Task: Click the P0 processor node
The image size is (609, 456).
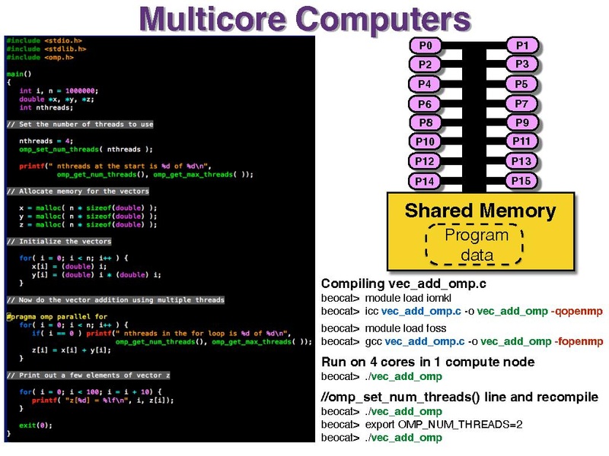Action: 426,46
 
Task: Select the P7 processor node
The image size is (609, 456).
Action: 521,103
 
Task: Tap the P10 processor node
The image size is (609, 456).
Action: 426,141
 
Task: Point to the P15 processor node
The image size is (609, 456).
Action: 521,181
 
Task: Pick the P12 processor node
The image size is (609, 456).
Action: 426,161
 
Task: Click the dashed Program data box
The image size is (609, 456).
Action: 474,245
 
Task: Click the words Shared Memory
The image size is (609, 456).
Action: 480,211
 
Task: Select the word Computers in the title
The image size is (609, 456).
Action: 384,21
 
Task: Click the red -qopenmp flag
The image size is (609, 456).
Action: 577,312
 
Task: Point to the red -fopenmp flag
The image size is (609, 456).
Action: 579,341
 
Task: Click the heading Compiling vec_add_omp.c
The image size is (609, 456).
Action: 403,283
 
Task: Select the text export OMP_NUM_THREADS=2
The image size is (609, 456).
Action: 444,425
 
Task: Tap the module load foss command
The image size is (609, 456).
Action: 406,328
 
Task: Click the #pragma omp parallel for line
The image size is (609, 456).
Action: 57,317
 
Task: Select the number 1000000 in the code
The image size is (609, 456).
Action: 80,90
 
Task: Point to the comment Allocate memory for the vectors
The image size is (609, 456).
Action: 78,192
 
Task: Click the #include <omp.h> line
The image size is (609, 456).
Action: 40,58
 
